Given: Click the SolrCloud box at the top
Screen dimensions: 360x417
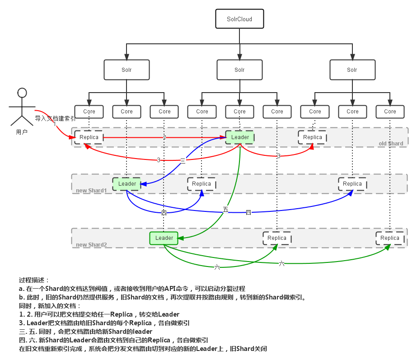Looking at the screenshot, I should [x=239, y=19].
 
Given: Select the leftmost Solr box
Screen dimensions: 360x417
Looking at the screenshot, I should [x=127, y=70].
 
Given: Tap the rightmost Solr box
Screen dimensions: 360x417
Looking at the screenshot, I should [x=352, y=70].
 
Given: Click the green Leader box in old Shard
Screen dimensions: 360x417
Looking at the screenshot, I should [x=240, y=137].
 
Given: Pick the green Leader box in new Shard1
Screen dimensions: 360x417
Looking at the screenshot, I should [x=127, y=184].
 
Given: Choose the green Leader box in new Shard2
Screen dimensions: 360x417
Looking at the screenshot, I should [x=164, y=238].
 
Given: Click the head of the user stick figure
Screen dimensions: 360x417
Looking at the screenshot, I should [x=22, y=93].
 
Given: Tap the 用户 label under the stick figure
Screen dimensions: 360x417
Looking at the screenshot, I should [x=21, y=132].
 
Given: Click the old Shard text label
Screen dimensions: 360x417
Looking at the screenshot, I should [x=391, y=144].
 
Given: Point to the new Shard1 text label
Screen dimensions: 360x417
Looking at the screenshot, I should [x=91, y=191].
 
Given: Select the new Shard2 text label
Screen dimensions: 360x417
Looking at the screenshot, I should [x=91, y=245].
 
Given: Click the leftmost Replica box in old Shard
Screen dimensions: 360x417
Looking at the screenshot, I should [x=89, y=137].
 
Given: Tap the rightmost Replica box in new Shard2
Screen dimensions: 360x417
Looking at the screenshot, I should [x=389, y=238].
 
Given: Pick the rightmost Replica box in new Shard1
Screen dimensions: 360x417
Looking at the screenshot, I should [x=352, y=184].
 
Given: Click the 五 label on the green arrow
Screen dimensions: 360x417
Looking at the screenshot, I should [x=225, y=210].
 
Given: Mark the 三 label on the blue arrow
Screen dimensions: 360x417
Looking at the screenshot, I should [x=183, y=160].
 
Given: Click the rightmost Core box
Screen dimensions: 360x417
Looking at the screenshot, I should [x=390, y=112].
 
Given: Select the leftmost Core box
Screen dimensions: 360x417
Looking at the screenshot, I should [x=89, y=112].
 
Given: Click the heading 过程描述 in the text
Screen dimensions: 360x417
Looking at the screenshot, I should [x=34, y=280].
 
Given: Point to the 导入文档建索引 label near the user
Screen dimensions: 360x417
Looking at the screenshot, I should [x=55, y=118].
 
